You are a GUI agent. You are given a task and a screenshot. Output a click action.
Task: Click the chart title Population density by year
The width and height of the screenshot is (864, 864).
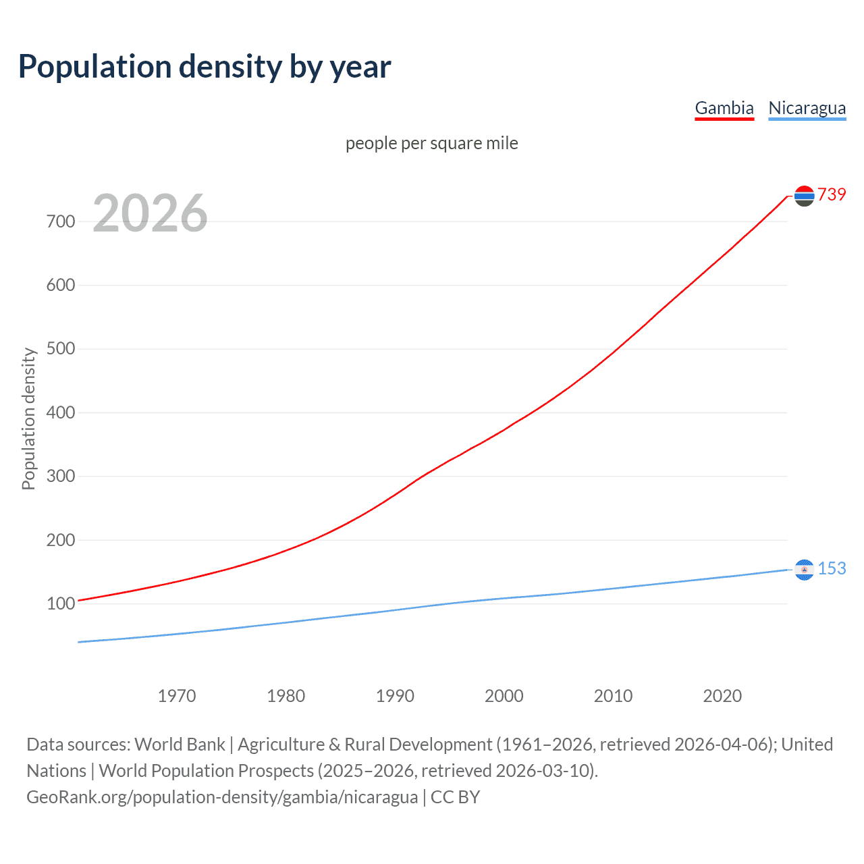(205, 67)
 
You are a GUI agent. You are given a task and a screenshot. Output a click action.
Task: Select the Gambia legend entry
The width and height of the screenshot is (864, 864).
(724, 108)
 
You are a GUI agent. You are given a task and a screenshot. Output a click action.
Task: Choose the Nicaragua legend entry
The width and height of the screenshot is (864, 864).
(807, 108)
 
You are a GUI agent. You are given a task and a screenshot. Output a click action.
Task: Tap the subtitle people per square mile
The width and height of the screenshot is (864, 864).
(432, 143)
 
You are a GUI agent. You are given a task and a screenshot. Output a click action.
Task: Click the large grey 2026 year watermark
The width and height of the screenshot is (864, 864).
(150, 213)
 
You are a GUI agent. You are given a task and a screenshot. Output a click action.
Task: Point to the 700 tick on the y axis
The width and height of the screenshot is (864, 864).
(61, 221)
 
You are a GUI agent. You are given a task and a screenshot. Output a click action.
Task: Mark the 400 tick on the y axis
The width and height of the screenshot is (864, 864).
(61, 412)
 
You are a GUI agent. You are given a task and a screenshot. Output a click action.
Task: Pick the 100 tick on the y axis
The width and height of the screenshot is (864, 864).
(61, 603)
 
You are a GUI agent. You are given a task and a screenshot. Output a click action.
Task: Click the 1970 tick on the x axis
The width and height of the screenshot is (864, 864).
(177, 696)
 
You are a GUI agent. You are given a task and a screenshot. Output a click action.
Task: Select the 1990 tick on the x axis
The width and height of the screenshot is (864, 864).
(395, 696)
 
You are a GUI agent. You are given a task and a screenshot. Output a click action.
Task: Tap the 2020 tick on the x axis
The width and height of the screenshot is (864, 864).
(722, 696)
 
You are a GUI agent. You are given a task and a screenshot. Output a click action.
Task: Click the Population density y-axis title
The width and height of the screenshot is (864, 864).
(28, 418)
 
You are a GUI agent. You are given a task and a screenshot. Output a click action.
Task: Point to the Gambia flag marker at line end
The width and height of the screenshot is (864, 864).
(804, 196)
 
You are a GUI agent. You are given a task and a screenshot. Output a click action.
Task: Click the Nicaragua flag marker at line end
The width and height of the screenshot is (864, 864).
(804, 570)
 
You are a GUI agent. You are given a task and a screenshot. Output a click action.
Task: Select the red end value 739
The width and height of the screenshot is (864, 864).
(832, 194)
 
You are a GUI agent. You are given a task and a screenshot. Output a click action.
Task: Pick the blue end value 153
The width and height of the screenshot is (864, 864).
(832, 568)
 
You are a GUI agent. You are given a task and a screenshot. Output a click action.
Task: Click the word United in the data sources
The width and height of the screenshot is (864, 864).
(807, 745)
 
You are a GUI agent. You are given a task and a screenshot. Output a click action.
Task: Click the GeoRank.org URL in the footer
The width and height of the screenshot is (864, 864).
(222, 797)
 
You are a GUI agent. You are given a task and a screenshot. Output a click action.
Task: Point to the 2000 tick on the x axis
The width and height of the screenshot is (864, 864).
(504, 696)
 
